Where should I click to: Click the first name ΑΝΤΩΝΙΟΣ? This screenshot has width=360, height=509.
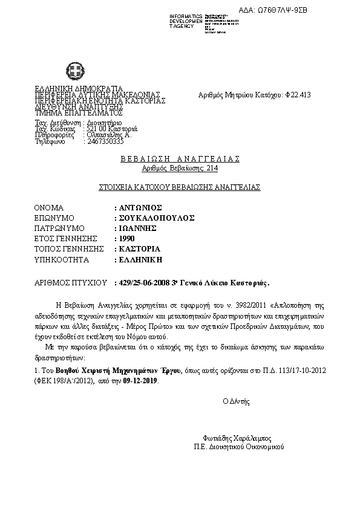click(138, 206)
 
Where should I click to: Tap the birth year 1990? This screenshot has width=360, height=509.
click(126, 238)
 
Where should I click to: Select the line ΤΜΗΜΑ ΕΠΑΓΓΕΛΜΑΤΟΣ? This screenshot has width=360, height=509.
click(79, 113)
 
